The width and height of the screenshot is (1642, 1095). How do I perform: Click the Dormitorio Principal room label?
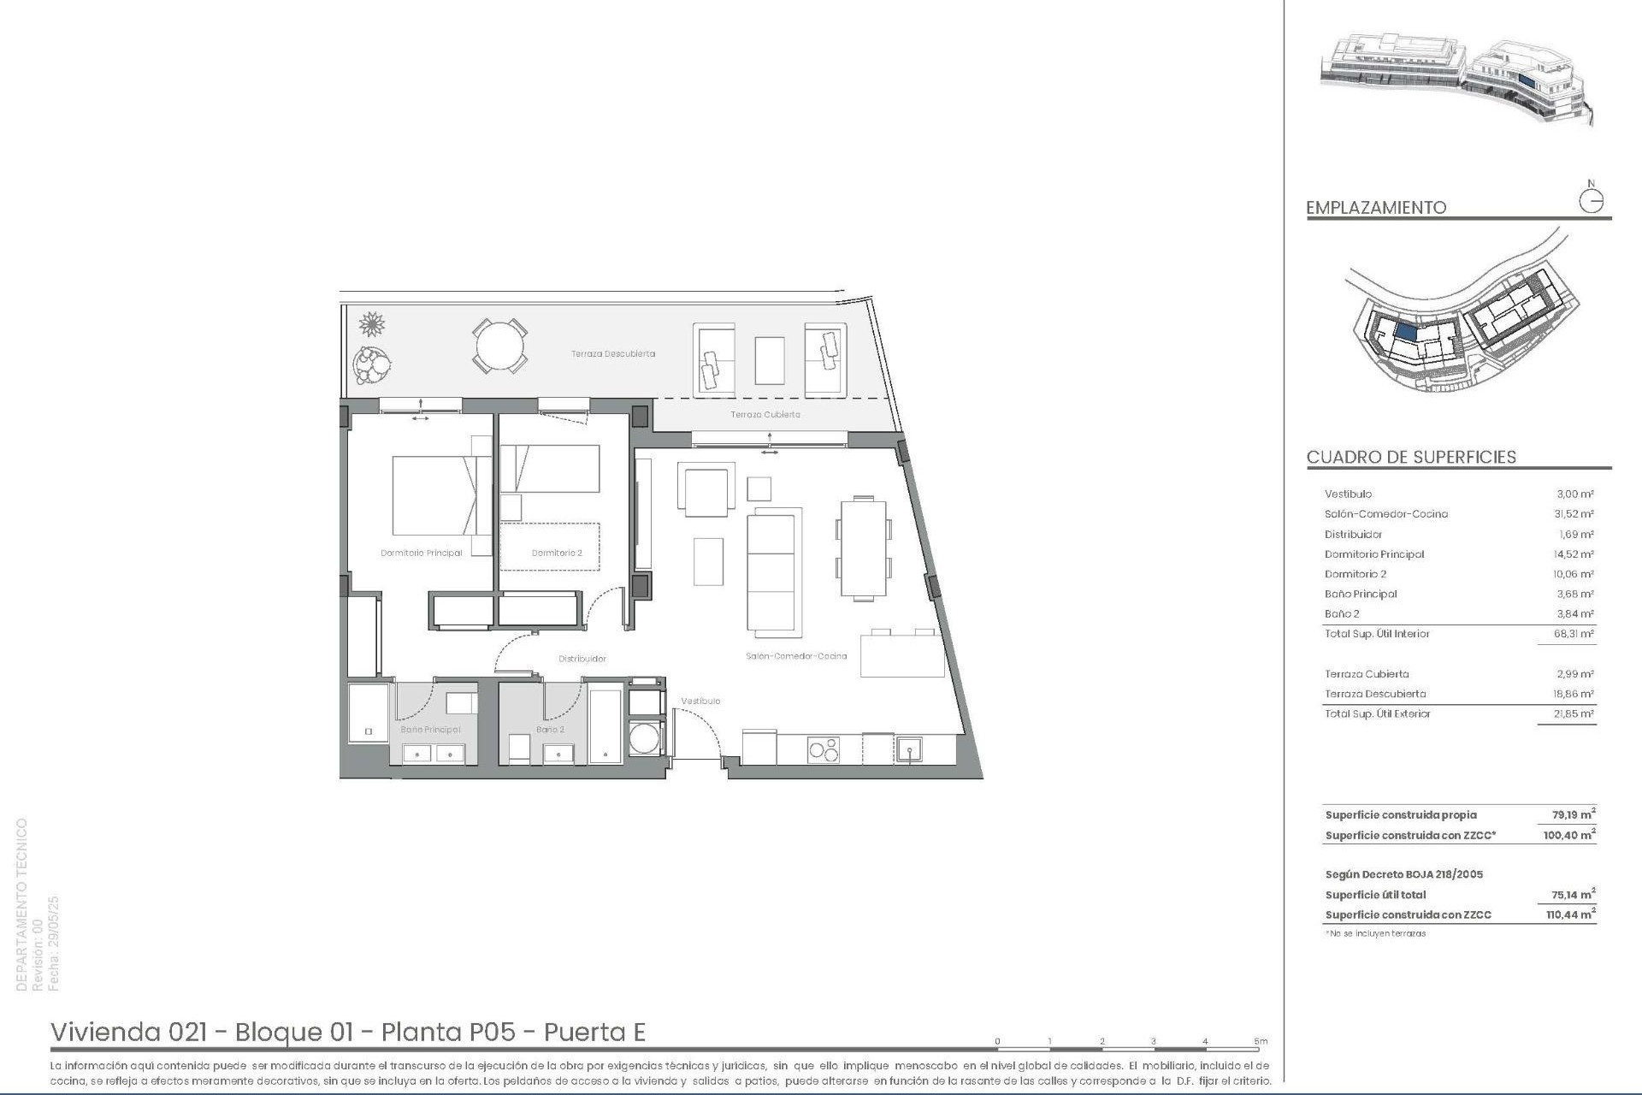tap(421, 553)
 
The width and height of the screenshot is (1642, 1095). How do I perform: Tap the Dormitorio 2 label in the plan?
tap(557, 553)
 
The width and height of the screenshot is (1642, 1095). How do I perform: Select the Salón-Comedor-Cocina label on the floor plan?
tap(796, 656)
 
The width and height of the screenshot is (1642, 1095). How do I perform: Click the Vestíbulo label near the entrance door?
tap(700, 701)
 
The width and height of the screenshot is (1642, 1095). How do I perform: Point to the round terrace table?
tap(500, 346)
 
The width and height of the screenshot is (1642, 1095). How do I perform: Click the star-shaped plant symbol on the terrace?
tap(372, 324)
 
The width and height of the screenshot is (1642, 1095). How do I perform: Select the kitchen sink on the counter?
tap(907, 750)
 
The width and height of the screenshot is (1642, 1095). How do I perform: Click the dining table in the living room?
tap(864, 547)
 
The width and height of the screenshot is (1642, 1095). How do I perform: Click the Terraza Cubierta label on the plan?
tap(765, 415)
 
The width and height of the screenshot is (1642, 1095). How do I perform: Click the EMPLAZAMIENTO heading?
tap(1376, 208)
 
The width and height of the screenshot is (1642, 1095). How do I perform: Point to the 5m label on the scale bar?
tap(1261, 1041)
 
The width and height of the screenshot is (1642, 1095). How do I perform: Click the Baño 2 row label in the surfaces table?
tap(1342, 614)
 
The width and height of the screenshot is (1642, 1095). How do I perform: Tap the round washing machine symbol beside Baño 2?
tap(646, 737)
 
